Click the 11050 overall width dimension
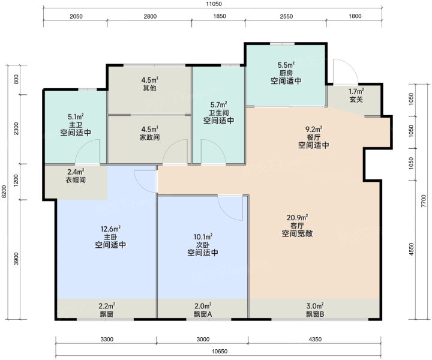(x=214, y=4)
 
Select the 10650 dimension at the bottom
(x=220, y=351)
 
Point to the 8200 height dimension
(x=4, y=191)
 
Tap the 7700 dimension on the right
(x=424, y=201)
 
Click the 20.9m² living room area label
(x=297, y=218)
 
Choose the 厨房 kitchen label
(x=286, y=73)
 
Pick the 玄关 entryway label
(x=356, y=100)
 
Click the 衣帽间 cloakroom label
(x=76, y=180)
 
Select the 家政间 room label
(x=149, y=137)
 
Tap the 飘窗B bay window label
(x=315, y=314)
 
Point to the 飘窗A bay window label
(x=203, y=314)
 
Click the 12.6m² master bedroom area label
(x=110, y=229)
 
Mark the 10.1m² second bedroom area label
(x=203, y=237)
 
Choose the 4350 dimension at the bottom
(x=315, y=339)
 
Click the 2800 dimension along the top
(x=150, y=17)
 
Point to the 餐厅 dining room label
(x=314, y=137)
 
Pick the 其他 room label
(x=149, y=88)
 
